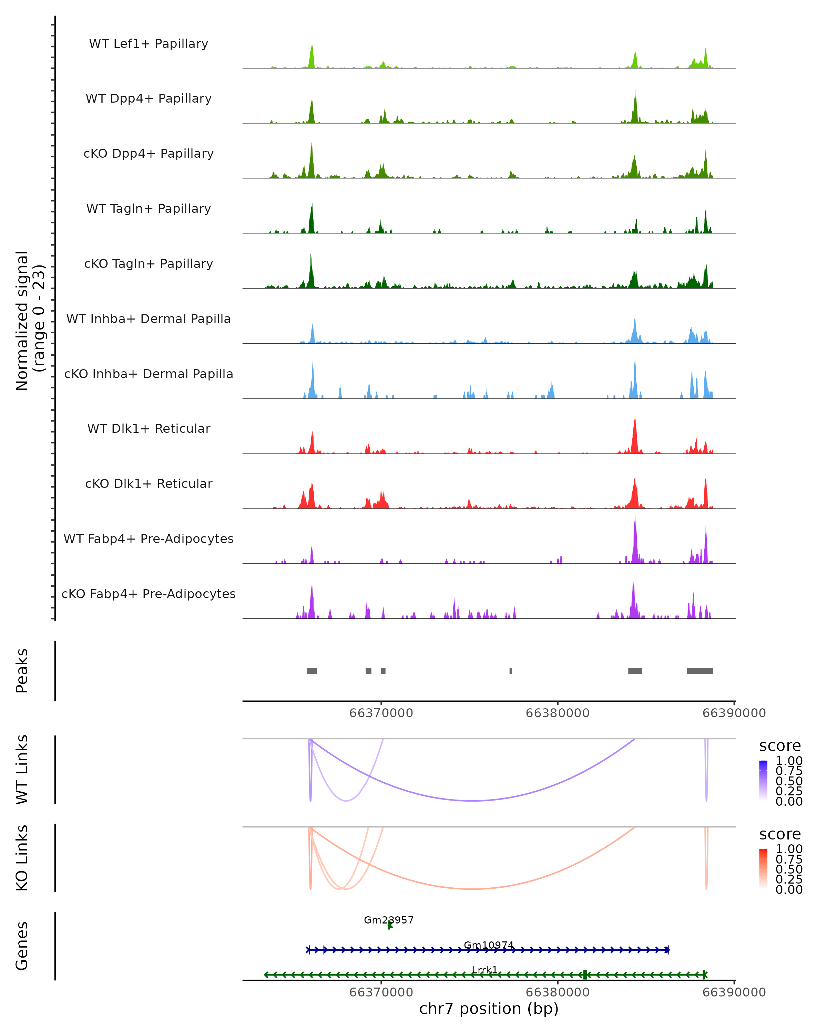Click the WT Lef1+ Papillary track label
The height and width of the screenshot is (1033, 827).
(149, 44)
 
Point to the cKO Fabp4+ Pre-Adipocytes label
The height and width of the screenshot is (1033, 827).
(149, 594)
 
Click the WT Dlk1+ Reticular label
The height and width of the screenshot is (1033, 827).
(149, 428)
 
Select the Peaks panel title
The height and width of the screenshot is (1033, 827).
(22, 671)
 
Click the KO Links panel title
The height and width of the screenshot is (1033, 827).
(22, 858)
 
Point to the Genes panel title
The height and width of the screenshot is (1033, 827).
(22, 946)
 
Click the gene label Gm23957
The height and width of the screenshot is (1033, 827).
(388, 920)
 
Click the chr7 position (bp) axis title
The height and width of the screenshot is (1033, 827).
(489, 1009)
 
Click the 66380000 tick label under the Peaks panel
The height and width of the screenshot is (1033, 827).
(558, 713)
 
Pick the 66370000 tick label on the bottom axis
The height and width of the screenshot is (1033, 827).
(381, 992)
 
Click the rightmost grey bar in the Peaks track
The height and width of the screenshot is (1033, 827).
(700, 671)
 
